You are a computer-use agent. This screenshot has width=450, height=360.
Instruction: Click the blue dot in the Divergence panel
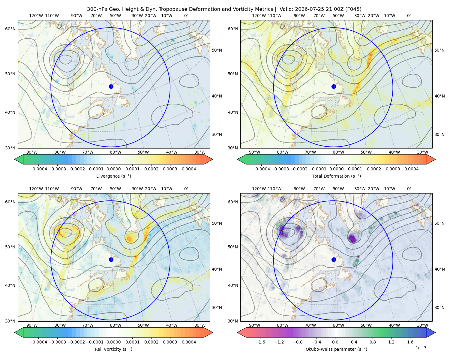click(x=111, y=86)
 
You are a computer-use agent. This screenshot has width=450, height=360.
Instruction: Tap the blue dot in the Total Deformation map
click(x=334, y=86)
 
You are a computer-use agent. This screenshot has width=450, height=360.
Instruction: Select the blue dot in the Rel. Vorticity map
click(x=111, y=259)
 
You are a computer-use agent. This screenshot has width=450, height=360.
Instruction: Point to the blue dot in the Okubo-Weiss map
click(x=334, y=259)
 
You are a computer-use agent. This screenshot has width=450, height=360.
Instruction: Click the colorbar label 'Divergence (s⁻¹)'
click(x=113, y=176)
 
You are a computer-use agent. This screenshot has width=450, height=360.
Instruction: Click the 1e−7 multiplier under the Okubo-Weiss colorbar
click(x=421, y=348)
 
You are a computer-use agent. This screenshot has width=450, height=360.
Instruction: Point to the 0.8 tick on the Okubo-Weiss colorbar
click(x=373, y=342)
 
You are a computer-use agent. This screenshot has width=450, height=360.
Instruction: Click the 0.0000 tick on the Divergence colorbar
click(x=113, y=169)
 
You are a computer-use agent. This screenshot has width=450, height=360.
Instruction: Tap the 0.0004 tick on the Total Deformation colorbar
click(x=412, y=169)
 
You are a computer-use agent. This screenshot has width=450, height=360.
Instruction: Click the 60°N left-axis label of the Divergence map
click(x=10, y=29)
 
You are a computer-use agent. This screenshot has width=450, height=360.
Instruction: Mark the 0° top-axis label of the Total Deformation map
click(x=409, y=16)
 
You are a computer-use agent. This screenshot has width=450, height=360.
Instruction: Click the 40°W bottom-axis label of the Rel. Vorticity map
click(x=172, y=325)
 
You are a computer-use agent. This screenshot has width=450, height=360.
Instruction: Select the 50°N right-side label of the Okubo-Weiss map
click(x=439, y=223)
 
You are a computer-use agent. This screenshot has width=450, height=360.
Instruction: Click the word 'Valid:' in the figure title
click(x=286, y=9)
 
